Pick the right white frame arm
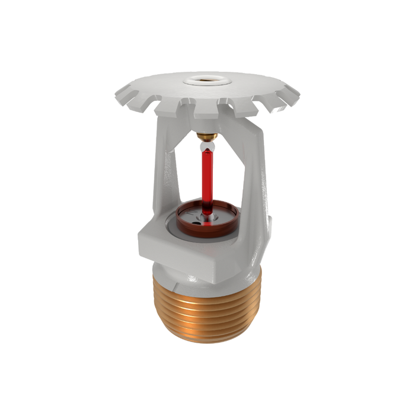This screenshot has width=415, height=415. tap(256, 172)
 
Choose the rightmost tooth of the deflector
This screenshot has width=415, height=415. tap(295, 93)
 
